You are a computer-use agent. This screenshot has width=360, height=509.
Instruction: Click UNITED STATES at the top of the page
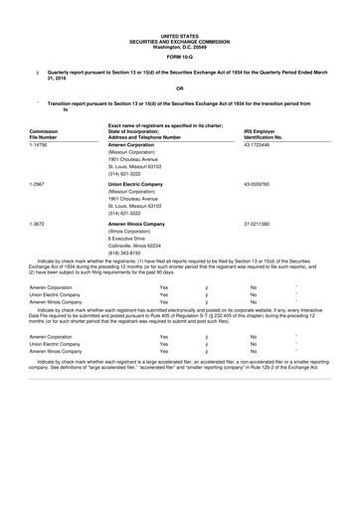coord(179,6)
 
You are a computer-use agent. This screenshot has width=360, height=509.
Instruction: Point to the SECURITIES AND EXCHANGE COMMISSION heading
coord(179,13)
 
